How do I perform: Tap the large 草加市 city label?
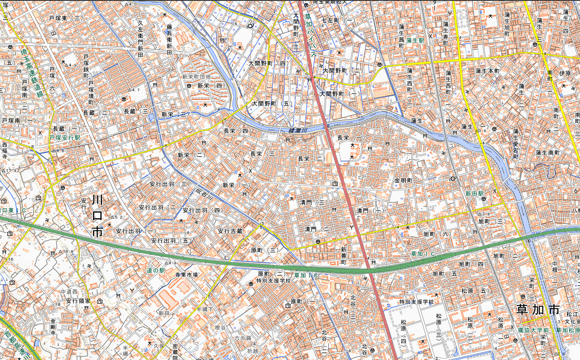(x=537, y=309)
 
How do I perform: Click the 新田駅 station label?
(x=475, y=193)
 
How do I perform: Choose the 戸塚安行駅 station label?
(x=65, y=138)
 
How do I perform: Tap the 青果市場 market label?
(x=186, y=275)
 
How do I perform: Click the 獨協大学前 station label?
(x=533, y=331)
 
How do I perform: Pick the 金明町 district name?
(x=403, y=181)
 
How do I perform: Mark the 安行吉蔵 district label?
(x=230, y=231)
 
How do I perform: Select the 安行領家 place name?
(x=78, y=301)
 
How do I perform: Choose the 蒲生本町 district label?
(x=487, y=71)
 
